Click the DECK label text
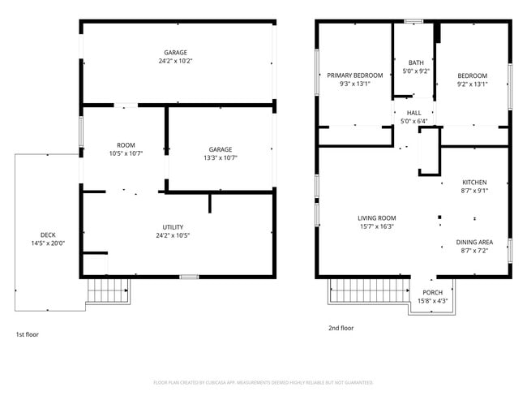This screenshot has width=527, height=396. (x=48, y=235)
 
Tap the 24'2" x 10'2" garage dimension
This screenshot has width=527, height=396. (x=178, y=61)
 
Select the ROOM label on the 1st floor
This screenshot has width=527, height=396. (x=126, y=144)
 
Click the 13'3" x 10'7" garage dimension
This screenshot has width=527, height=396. (x=221, y=157)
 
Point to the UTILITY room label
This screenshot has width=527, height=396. (x=173, y=227)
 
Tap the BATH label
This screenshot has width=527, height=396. (x=416, y=62)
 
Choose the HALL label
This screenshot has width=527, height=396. (x=414, y=113)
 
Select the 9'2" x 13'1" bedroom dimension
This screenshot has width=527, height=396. (x=472, y=84)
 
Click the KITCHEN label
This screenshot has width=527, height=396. (x=474, y=182)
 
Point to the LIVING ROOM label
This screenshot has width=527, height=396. (x=377, y=217)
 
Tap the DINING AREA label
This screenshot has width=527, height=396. (x=474, y=242)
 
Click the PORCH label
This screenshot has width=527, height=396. (x=433, y=293)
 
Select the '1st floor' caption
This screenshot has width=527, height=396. (x=27, y=334)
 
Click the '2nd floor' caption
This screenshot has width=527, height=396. (x=341, y=329)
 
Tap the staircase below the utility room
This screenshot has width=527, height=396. (x=108, y=290)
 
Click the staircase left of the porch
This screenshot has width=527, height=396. (x=368, y=291)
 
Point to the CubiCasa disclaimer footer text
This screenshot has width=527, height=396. (x=263, y=382)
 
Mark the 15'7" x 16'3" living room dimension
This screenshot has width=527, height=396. (x=377, y=226)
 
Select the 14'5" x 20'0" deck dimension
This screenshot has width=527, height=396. (x=48, y=243)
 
